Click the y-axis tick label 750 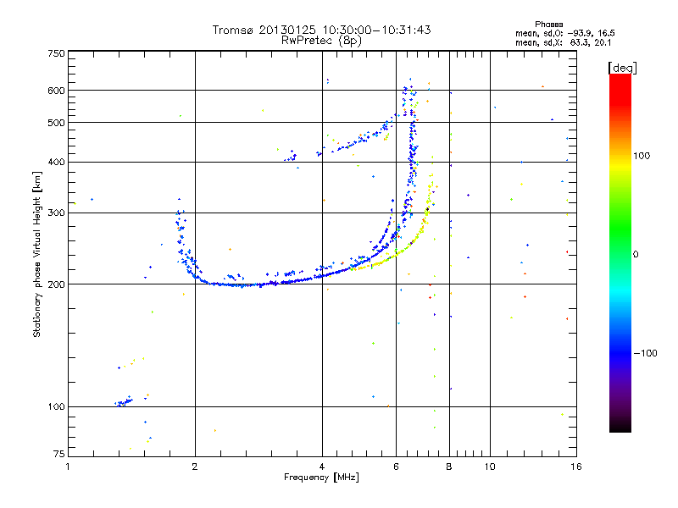point(56,53)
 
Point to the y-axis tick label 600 point(56,90)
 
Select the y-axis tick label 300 point(56,213)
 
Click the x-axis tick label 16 point(575,467)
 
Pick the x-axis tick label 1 point(68,467)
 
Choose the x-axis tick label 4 point(322,467)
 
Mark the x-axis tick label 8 point(449,467)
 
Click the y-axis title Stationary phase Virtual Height point(37,254)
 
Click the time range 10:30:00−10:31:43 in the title point(377,30)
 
